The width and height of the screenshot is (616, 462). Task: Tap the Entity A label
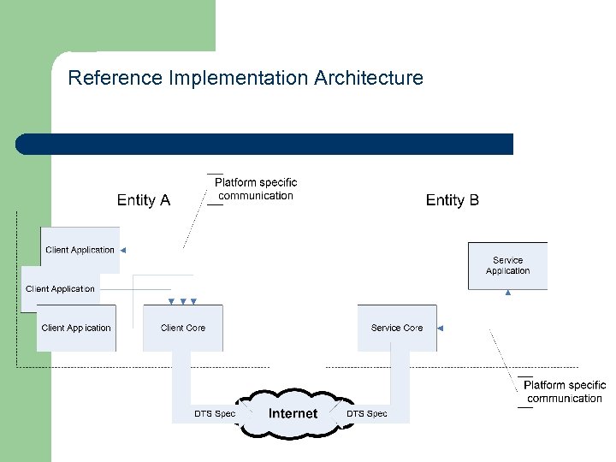tap(144, 200)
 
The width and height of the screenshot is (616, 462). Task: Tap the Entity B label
tap(453, 200)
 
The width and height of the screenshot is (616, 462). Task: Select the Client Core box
tap(183, 328)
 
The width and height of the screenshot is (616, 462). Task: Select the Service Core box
tap(397, 328)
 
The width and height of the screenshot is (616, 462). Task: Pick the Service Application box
tap(507, 265)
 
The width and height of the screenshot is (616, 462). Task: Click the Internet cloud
tap(293, 413)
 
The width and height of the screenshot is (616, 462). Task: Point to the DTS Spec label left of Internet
tap(214, 414)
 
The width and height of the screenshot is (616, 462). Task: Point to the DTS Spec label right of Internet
tap(367, 414)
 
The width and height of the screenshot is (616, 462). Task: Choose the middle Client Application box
tap(60, 288)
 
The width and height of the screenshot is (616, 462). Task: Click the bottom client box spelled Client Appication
tap(76, 328)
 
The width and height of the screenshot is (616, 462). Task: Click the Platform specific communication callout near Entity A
tap(255, 189)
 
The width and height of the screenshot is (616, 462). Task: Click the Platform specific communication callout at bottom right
tap(564, 392)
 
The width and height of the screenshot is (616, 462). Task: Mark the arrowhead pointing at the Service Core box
tap(441, 328)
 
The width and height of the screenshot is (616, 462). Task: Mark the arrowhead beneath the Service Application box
tap(508, 293)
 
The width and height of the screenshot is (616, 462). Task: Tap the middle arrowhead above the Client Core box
tap(183, 301)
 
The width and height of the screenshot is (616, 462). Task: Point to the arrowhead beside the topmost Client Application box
tap(122, 251)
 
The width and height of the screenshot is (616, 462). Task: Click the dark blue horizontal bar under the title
tap(265, 144)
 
